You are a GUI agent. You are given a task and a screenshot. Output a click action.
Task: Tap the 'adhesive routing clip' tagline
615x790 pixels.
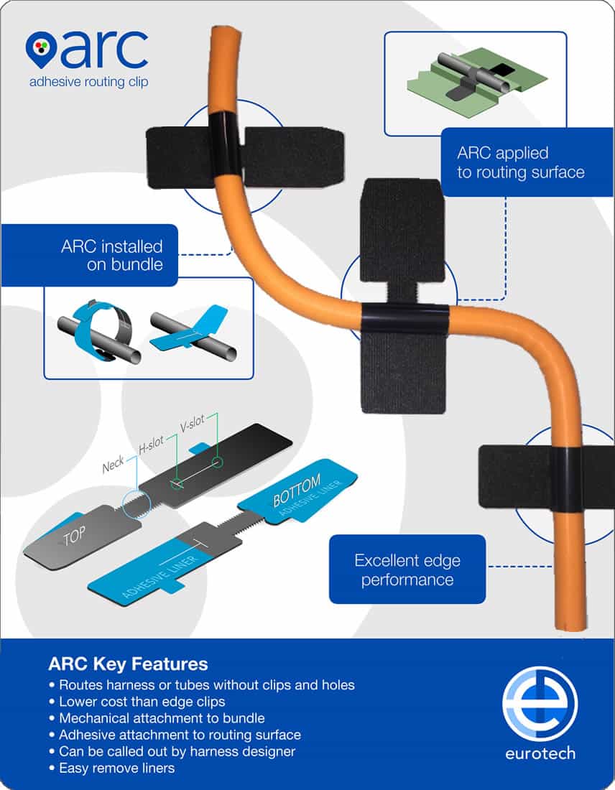88,82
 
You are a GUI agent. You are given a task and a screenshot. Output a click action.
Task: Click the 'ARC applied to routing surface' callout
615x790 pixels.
527,162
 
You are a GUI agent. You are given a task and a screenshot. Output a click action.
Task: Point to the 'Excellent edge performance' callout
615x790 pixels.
407,570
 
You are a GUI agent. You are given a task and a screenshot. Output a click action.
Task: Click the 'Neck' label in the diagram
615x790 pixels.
113,465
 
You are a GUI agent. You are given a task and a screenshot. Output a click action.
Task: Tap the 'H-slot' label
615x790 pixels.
151,443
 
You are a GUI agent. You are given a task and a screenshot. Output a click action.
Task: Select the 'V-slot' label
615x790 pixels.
193,423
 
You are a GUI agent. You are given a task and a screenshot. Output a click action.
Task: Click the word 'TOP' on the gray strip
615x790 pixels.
74,536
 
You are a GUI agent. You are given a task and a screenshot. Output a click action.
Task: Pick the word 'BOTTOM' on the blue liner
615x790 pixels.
297,491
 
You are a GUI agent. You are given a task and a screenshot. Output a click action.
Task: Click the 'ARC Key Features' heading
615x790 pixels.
128,664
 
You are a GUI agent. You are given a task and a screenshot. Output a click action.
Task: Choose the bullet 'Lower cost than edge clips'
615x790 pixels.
137,702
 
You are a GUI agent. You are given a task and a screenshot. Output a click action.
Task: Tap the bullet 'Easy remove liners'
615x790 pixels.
112,768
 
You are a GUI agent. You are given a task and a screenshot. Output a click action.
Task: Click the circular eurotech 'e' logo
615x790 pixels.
540,703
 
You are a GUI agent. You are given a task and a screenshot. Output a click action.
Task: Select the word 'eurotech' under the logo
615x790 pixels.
540,753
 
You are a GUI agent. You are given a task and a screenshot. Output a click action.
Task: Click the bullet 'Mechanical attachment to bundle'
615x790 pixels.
157,718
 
